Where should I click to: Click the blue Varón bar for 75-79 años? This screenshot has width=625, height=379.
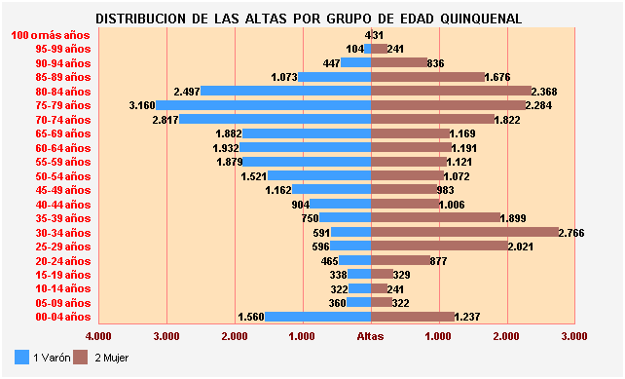point(263,105)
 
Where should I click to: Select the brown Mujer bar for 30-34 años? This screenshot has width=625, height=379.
point(465,232)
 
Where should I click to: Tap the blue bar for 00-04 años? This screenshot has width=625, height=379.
point(318,317)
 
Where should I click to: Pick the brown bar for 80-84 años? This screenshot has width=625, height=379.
point(452,92)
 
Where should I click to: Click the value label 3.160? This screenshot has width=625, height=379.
point(142,105)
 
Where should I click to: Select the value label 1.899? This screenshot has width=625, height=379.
point(513,218)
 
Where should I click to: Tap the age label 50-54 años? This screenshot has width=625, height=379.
point(62,176)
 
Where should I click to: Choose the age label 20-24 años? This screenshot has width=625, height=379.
point(62,261)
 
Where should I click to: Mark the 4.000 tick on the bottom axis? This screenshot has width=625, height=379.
point(99,336)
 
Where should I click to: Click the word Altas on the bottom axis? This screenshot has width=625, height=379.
point(371,336)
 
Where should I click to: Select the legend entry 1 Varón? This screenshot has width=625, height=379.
point(45,358)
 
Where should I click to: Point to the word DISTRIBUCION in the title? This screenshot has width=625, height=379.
point(142,19)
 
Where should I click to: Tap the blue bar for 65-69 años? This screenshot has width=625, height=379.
point(307,133)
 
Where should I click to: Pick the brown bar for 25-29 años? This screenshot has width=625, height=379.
point(440,246)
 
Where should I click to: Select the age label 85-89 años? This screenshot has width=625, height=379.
point(62,77)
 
